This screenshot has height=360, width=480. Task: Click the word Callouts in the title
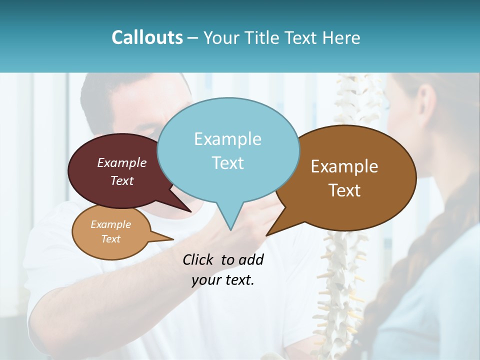tap(147, 38)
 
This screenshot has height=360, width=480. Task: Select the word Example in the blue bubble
tap(227, 139)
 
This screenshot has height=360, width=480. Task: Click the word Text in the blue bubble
tap(227, 163)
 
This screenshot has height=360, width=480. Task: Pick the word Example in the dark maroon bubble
tap(121, 162)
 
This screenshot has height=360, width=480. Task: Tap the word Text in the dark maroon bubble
tap(121, 180)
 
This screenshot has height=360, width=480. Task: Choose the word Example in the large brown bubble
tap(344, 166)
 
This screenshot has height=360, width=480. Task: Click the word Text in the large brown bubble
tap(344, 190)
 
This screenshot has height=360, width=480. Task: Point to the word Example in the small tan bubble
tap(110, 224)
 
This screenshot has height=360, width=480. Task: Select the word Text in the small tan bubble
tap(110, 239)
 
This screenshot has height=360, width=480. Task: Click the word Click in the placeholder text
tap(199, 259)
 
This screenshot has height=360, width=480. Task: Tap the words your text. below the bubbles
tap(222, 280)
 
